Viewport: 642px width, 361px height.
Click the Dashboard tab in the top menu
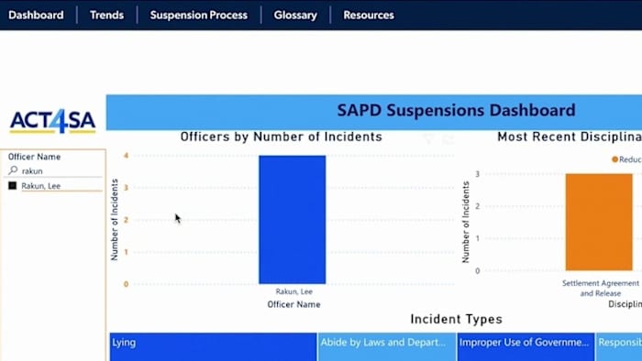36,15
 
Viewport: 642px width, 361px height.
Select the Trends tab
106,15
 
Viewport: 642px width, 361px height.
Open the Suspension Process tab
198,15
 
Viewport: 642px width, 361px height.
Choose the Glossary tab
295,15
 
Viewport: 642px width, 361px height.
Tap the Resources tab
369,15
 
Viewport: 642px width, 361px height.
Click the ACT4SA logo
52,121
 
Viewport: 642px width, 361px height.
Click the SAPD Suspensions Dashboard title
456,111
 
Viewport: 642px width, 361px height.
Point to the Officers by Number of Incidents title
281,137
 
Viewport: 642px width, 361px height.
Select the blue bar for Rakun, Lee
292,220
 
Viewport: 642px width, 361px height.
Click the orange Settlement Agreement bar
599,222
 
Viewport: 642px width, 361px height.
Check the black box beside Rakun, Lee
12,186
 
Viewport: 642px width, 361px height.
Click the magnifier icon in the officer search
13,170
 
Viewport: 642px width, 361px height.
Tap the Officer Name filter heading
34,157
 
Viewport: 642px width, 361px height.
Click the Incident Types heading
456,319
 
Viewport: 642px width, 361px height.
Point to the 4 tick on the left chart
126,156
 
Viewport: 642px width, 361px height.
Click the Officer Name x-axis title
293,304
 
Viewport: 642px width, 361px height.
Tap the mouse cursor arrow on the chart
177,218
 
